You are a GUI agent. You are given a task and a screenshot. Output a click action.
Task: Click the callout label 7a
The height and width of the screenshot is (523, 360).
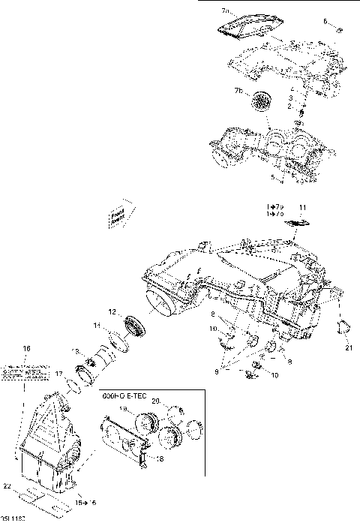(226, 12)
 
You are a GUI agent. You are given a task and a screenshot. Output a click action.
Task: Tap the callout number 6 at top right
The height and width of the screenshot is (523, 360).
(326, 22)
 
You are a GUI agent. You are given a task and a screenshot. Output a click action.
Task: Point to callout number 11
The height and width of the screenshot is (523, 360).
(302, 206)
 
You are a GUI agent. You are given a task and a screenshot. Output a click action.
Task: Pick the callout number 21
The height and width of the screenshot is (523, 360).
(347, 347)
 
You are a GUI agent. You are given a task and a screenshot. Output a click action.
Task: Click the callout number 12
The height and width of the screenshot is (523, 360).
(111, 311)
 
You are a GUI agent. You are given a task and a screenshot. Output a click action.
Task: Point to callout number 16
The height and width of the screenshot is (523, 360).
(26, 349)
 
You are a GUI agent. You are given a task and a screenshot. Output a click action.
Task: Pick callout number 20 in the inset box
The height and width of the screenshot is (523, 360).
(156, 403)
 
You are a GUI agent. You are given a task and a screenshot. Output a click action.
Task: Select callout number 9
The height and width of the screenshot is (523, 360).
(218, 371)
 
